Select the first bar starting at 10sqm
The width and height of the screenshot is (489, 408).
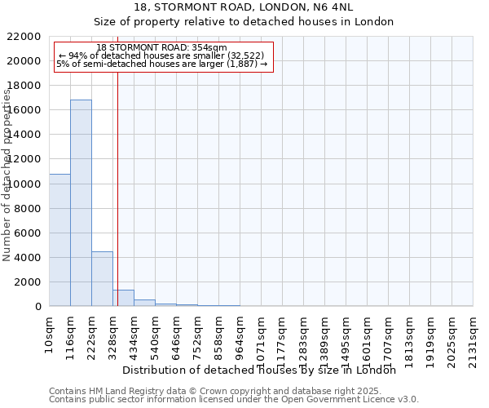[x=59, y=240]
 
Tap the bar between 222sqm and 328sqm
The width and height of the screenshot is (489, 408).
[x=102, y=279]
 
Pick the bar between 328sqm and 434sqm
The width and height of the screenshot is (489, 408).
[x=123, y=298]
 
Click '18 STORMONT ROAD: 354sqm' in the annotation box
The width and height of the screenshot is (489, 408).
[x=161, y=48]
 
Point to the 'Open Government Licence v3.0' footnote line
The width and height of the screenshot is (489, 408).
[x=234, y=399]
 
